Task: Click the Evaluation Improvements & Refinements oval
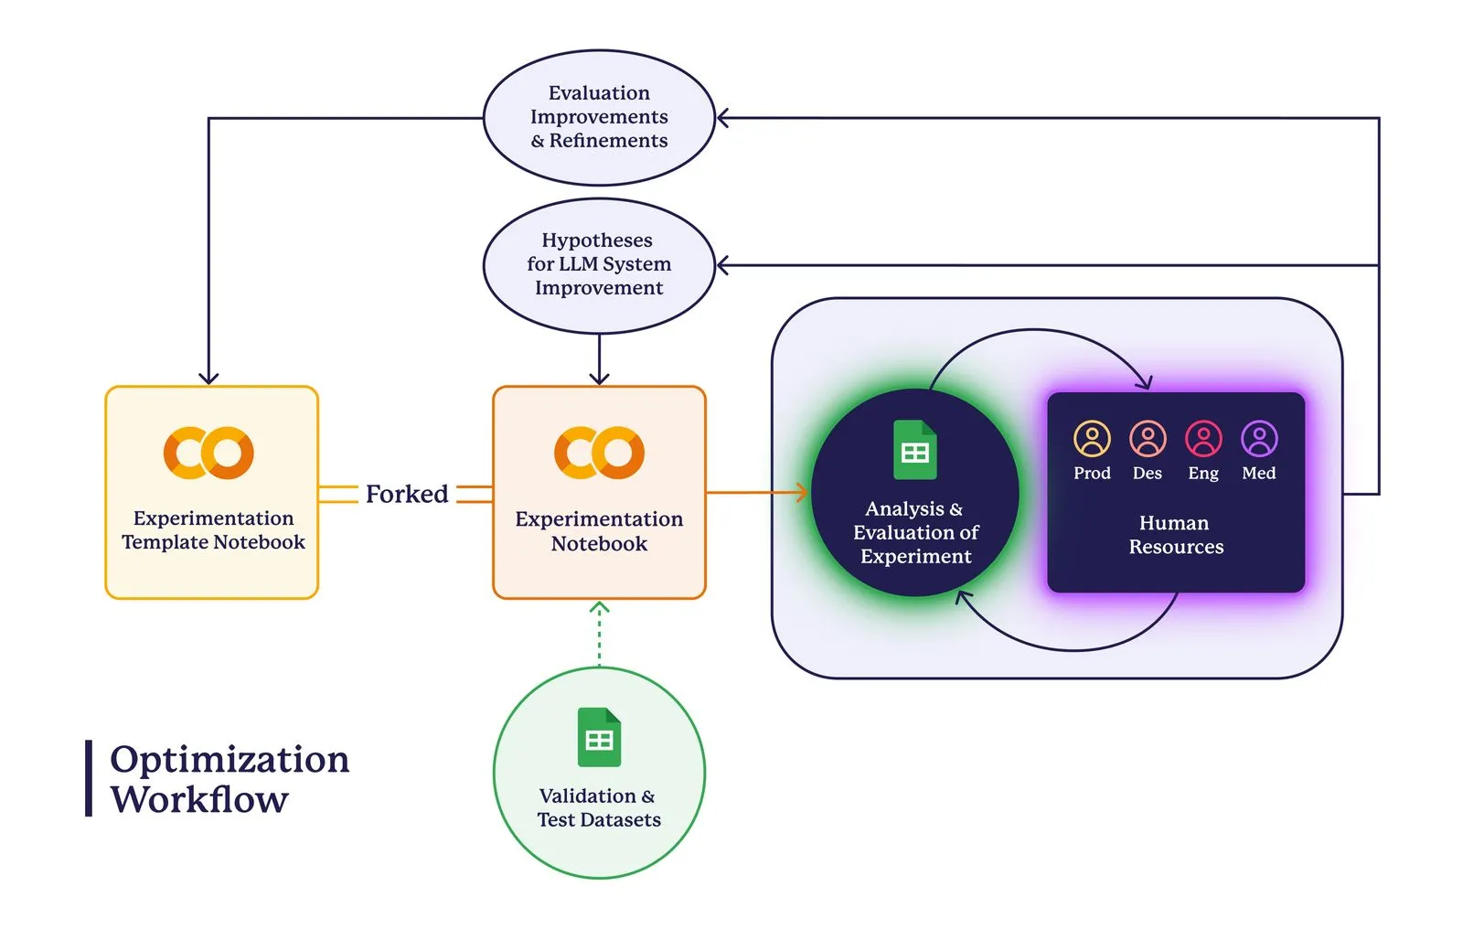[x=599, y=117]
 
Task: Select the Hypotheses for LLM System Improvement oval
[x=599, y=264]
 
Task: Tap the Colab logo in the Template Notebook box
[x=208, y=453]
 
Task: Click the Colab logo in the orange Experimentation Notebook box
[x=599, y=453]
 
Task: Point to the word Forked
[x=407, y=494]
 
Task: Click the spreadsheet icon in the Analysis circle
[x=914, y=450]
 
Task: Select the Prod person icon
[x=1092, y=439]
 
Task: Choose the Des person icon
[x=1148, y=439]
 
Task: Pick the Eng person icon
[x=1203, y=439]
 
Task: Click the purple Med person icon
[x=1259, y=439]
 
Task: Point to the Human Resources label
[x=1176, y=535]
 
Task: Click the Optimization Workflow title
[x=229, y=779]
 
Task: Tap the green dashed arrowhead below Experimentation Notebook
[x=599, y=607]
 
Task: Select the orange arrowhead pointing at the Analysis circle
[x=803, y=493]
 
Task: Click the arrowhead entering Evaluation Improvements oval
[x=722, y=118]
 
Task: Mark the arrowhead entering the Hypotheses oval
[x=722, y=265]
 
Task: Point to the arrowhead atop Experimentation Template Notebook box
[x=208, y=378]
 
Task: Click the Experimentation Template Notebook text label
[x=213, y=530]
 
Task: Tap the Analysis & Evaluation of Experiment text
[x=915, y=532]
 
